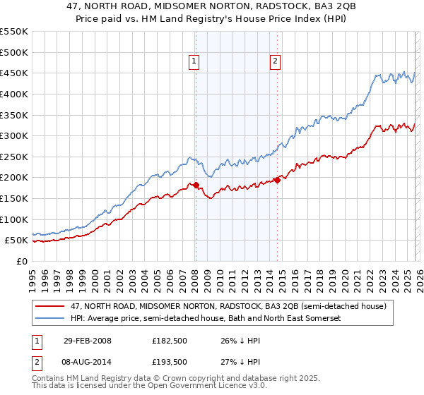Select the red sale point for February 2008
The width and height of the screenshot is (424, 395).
point(196,186)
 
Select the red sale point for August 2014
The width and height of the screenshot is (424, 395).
point(277,181)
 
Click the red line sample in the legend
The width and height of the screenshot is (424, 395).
point(51,307)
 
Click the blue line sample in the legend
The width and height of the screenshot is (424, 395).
point(51,319)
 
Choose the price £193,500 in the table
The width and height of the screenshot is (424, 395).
point(170,360)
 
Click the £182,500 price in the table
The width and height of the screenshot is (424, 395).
point(170,341)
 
